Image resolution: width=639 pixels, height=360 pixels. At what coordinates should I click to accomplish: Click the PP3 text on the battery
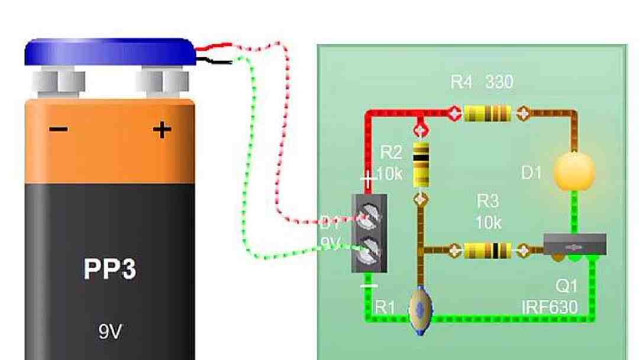pos(110,269)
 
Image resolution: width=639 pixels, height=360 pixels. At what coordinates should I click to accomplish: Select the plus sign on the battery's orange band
pos(162,129)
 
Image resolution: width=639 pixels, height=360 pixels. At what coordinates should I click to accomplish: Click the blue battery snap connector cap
pos(110,52)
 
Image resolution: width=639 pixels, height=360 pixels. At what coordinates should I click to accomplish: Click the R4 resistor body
pos(488,112)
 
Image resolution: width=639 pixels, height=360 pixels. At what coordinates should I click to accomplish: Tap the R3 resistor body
pos(488,250)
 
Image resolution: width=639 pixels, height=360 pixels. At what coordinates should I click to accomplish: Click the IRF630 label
pos(549,307)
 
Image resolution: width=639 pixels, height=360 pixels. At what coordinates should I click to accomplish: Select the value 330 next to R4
pos(499,82)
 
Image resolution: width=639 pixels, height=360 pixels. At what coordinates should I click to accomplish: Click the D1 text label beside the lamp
pos(531,173)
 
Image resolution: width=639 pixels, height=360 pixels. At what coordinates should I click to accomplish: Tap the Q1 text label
pos(566,287)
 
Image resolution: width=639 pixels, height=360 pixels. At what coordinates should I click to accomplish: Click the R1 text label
pos(385,307)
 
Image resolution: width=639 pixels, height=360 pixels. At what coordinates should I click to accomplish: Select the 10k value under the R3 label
pos(488,223)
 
